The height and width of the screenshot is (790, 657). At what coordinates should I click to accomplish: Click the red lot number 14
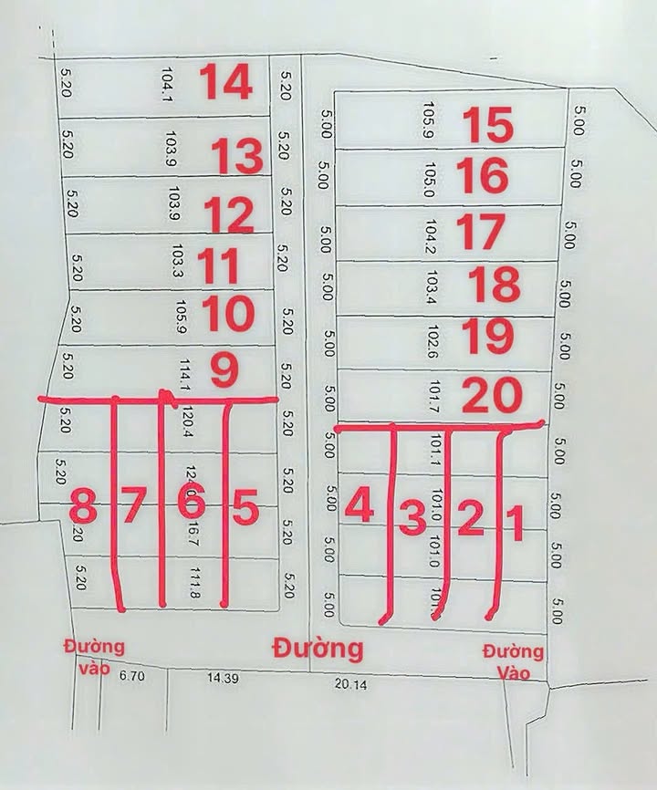coord(225,82)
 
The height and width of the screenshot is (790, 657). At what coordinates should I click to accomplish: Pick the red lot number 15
coord(487,125)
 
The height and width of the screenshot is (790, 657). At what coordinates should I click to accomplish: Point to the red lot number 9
coord(224,370)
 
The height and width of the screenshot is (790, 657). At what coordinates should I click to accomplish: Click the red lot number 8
coord(84,505)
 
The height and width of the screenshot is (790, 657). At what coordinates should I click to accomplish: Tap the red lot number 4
coord(360,506)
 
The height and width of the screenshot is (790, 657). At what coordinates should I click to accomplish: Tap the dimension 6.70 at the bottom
coord(132,676)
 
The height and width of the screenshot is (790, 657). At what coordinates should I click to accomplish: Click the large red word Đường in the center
coord(318,649)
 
